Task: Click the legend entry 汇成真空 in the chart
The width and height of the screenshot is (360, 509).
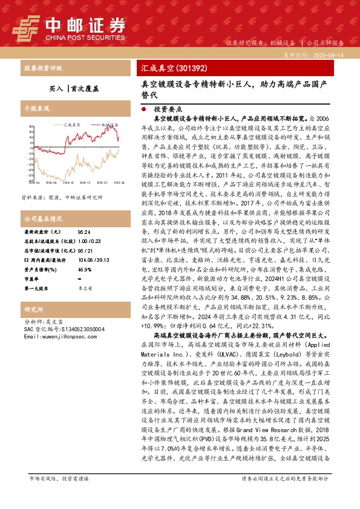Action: (x=72, y=124)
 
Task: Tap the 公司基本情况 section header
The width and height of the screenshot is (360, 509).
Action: (x=43, y=218)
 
